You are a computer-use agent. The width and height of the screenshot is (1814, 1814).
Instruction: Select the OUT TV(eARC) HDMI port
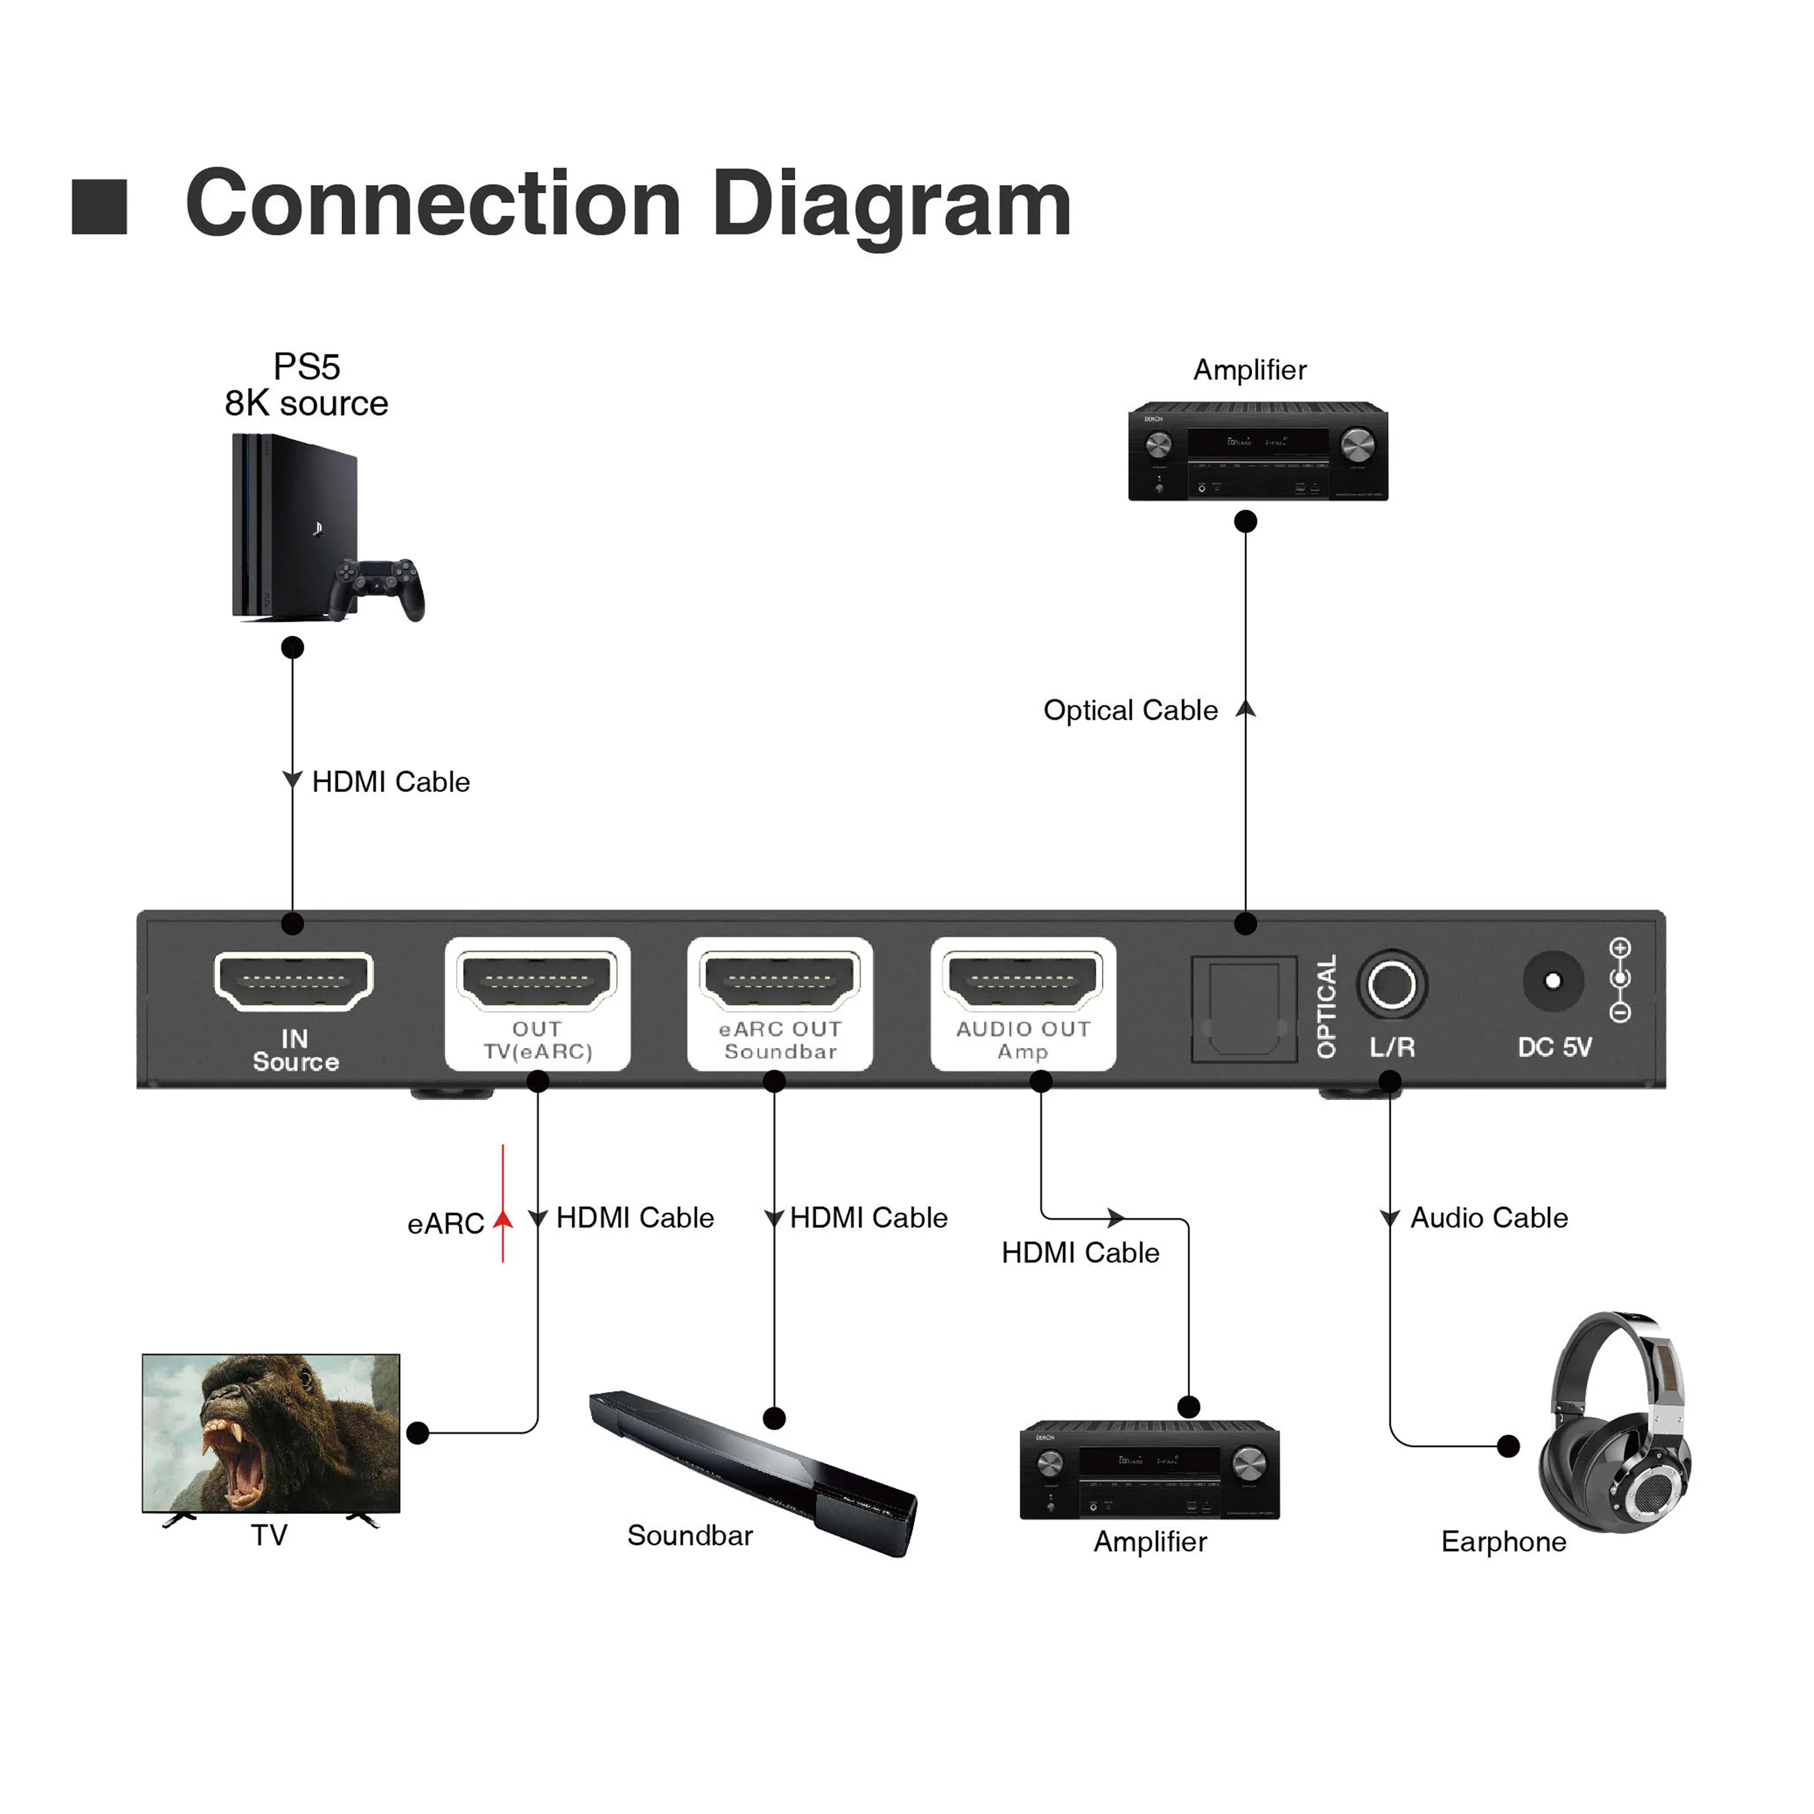(537, 980)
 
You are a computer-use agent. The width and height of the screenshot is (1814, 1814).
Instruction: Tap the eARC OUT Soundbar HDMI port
(779, 980)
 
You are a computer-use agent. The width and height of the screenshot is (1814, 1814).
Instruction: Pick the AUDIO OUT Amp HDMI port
(1022, 980)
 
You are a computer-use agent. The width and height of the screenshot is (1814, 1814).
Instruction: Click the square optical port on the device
(1243, 1009)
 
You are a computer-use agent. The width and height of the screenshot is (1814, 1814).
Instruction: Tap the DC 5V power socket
(1552, 981)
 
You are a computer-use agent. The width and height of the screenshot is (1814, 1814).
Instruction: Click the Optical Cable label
(1131, 710)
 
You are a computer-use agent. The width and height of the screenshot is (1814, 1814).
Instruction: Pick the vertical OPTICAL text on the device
(1326, 1007)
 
